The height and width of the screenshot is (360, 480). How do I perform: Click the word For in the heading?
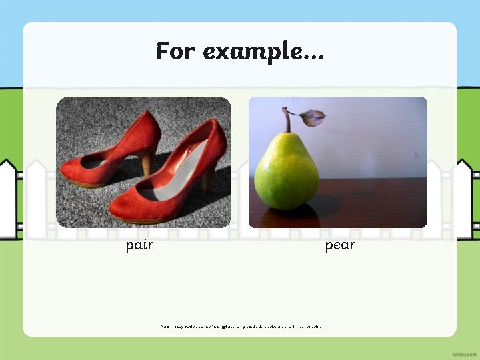(176, 51)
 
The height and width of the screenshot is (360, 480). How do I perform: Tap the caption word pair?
(139, 245)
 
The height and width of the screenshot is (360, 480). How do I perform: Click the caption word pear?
(340, 245)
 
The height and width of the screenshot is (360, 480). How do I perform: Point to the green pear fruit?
(287, 171)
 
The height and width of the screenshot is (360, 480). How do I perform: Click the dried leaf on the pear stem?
(311, 118)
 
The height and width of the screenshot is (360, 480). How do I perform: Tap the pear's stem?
(287, 120)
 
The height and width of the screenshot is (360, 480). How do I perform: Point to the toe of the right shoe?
(123, 207)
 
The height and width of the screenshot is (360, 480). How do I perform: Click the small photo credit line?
(240, 327)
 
